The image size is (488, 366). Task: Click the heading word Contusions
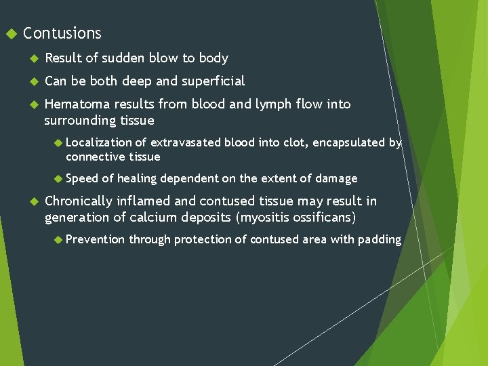coord(62,33)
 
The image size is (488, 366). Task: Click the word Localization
coord(99,142)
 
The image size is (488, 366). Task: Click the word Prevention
coord(96,239)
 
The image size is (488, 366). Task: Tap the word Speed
coord(82,178)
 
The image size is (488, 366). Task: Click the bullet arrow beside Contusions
coord(9,33)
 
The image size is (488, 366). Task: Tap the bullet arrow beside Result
coord(32,58)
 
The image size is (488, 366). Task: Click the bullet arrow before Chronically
coord(32,201)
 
